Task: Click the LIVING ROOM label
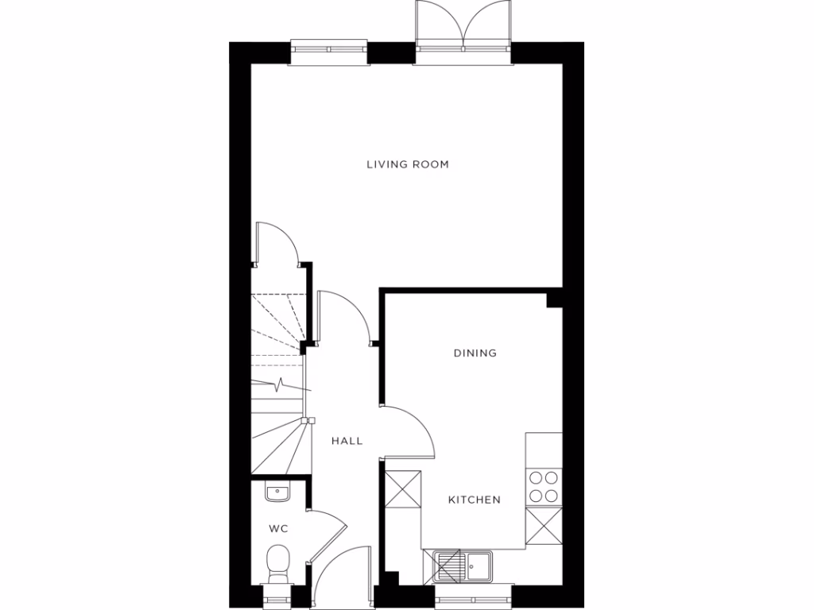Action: [407, 165]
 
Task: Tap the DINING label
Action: [475, 353]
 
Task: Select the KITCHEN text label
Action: [475, 500]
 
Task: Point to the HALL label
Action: [347, 440]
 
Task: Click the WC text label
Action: [277, 528]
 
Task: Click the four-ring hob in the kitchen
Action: [544, 487]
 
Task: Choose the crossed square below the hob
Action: [544, 526]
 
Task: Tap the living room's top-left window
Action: [328, 52]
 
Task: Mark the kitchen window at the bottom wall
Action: [472, 596]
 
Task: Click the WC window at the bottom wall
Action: [277, 596]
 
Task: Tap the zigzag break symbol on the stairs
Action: [281, 385]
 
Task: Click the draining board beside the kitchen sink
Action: [450, 566]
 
